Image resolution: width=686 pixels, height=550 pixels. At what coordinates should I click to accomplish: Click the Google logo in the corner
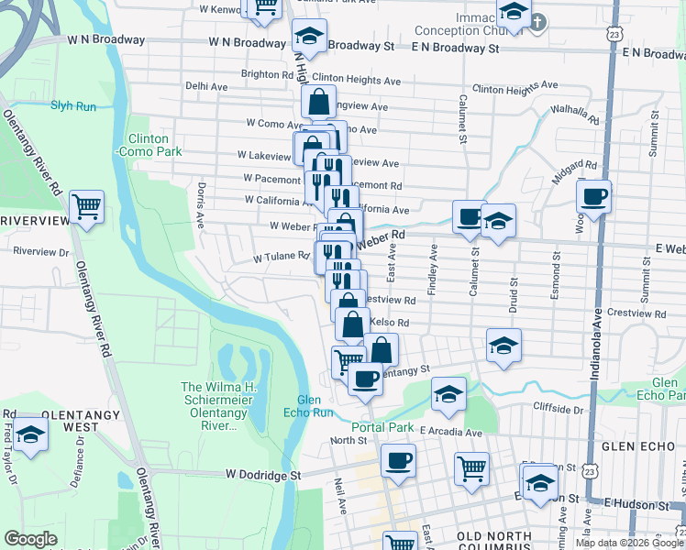coord(31,539)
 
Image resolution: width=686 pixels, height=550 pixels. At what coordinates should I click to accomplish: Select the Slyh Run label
coord(73,106)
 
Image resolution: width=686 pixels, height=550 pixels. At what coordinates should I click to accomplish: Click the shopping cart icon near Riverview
coord(86,208)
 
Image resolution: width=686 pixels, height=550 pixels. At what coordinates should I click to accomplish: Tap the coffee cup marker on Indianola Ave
coord(593,195)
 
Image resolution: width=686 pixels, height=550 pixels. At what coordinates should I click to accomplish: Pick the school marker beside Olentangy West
coord(31,434)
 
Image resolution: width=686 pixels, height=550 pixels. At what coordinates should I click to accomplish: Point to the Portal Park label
coord(382,427)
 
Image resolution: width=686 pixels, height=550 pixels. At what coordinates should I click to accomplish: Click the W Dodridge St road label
coord(263,475)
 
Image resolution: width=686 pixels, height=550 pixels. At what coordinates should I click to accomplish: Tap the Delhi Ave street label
coord(206,86)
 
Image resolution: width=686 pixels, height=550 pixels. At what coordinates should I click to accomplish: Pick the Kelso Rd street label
coord(389,323)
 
